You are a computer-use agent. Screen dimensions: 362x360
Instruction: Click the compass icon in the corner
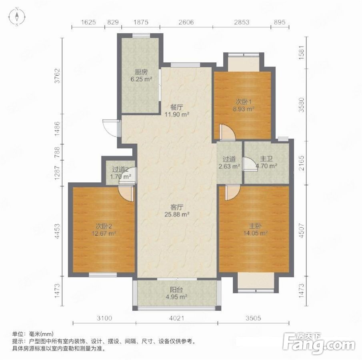(17, 17)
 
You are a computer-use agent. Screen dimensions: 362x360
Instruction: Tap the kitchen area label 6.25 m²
(141, 79)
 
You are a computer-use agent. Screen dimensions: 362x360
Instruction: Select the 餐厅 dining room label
(177, 107)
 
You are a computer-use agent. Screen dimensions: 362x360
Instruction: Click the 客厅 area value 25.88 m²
(177, 214)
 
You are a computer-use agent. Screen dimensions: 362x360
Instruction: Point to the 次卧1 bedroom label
(244, 102)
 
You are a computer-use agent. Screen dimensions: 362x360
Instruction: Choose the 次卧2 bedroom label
(104, 226)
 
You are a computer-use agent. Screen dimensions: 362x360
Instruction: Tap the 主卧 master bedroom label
(255, 226)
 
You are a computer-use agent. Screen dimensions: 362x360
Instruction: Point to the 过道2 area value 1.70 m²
(120, 177)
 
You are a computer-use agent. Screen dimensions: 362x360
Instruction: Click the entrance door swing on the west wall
(111, 128)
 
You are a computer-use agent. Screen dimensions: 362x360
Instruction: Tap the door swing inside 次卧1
(227, 132)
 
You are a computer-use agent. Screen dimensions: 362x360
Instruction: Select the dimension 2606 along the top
(186, 22)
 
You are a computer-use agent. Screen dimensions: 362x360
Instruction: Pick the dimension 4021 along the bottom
(177, 318)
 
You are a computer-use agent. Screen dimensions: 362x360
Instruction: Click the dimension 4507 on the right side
(301, 230)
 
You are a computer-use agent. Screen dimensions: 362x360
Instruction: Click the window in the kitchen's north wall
(141, 36)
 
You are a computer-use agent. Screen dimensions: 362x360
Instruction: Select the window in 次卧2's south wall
(103, 274)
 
